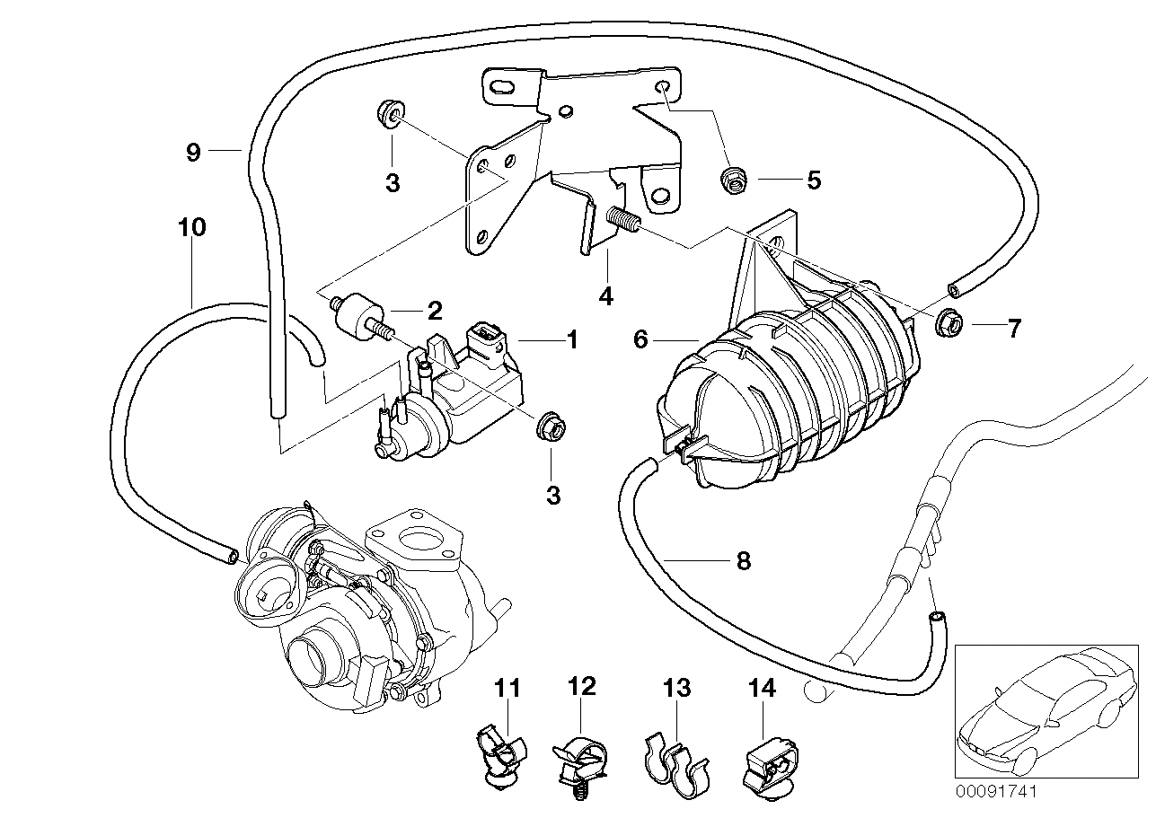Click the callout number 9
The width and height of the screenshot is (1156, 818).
coord(193,152)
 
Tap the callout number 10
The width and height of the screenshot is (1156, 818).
coord(192,227)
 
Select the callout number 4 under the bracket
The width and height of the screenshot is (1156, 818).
coord(606,295)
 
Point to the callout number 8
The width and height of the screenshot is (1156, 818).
coord(743,561)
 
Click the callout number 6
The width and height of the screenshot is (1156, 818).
coord(640,339)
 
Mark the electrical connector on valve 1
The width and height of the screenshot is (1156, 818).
coord(488,345)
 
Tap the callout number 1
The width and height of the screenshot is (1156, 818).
coord(571,339)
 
